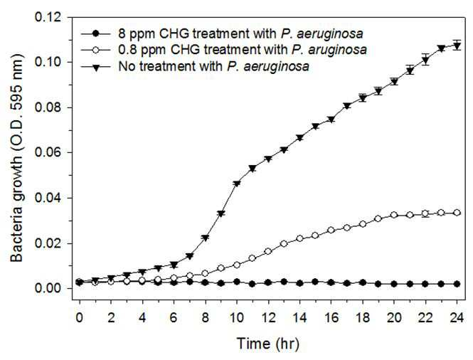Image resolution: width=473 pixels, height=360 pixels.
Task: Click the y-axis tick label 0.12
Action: (52, 17)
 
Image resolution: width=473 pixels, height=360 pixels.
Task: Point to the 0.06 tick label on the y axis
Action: (52, 152)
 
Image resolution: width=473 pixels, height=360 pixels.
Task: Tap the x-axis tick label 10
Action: (237, 318)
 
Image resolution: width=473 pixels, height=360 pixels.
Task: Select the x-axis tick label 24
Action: (457, 318)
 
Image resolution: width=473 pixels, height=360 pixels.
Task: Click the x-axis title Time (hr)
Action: (268, 344)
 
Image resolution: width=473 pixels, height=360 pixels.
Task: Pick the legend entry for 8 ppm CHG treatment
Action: (240, 34)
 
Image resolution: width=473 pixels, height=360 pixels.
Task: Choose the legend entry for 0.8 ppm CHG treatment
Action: (243, 50)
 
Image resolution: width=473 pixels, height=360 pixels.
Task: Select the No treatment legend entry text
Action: (214, 66)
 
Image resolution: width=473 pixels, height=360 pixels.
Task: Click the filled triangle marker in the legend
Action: (95, 67)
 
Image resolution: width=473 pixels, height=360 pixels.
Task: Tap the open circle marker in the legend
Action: (95, 50)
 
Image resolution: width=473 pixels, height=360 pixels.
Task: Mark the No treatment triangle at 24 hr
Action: (457, 46)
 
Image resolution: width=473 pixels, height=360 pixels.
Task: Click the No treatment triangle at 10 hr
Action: (237, 184)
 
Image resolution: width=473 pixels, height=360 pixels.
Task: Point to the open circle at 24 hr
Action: (457, 213)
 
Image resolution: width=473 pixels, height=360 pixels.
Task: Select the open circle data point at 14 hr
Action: (299, 238)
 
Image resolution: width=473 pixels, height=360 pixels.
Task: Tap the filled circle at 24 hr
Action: (457, 284)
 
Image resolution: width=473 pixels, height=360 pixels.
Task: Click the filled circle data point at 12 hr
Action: (268, 282)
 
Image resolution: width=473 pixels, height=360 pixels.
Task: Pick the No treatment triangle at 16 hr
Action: (331, 120)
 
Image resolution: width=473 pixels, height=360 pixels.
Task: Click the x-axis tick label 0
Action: (80, 318)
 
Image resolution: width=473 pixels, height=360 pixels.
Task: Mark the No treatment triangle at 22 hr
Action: (425, 60)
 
